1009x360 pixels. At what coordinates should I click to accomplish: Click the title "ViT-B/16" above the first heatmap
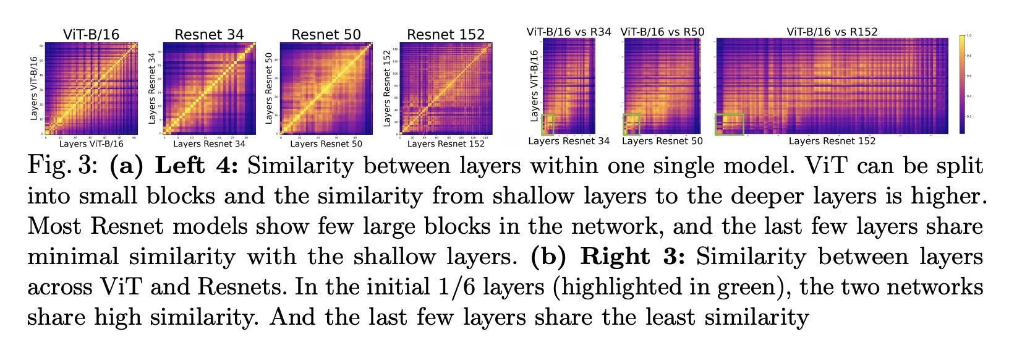click(91, 35)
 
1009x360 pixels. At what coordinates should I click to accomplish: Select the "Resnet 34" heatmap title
click(209, 35)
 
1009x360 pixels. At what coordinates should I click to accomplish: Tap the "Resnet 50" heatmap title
click(326, 35)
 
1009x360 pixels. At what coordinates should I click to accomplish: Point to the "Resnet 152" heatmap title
click(446, 35)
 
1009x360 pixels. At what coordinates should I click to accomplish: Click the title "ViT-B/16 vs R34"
click(569, 32)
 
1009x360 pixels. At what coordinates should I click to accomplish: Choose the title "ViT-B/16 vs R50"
click(662, 32)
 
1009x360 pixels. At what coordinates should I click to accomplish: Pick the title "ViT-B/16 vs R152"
click(832, 32)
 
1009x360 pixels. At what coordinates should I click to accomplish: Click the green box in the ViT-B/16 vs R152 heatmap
click(730, 124)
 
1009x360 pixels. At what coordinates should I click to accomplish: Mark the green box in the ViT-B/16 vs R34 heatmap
click(548, 124)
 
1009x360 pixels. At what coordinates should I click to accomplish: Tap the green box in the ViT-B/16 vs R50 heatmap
click(632, 124)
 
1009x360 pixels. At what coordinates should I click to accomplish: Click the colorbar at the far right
click(963, 84)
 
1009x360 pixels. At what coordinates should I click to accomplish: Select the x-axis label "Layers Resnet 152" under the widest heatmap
click(832, 141)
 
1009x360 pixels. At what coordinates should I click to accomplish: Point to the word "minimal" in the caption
click(69, 257)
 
